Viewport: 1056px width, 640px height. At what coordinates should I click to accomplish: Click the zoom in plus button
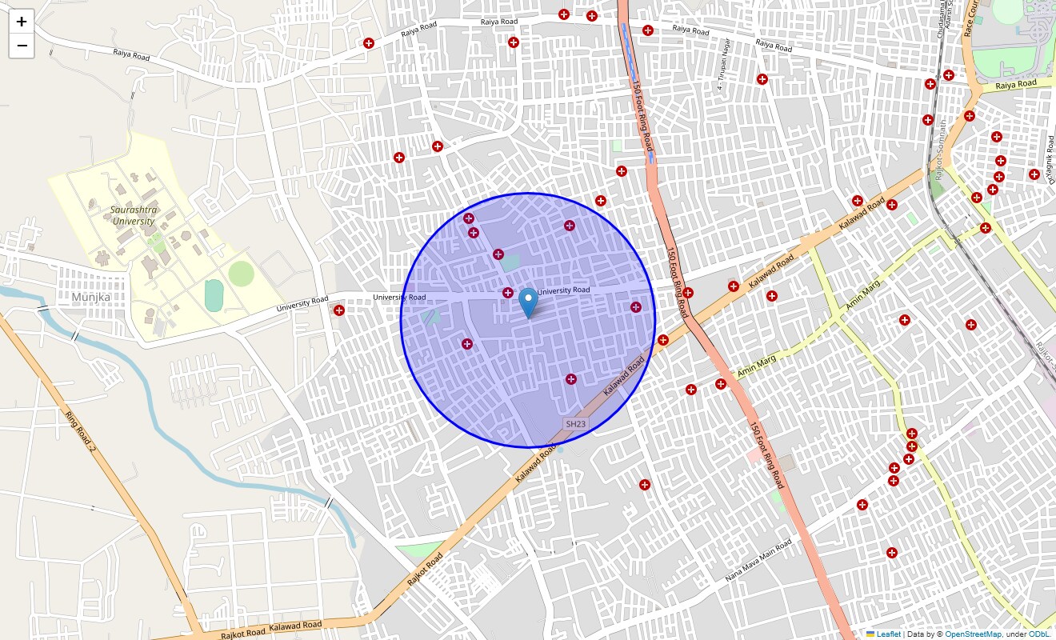click(22, 22)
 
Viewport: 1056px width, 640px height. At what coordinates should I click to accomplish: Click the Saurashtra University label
click(134, 215)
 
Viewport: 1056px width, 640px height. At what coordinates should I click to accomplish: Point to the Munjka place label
click(90, 297)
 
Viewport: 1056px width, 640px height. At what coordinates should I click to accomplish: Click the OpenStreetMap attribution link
click(973, 634)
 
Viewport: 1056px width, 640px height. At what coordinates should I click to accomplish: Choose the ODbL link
click(1039, 634)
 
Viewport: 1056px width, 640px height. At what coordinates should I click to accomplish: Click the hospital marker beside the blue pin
click(508, 292)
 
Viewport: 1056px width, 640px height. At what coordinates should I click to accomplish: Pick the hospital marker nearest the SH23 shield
click(570, 378)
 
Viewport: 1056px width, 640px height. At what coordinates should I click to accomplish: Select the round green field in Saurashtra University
click(241, 274)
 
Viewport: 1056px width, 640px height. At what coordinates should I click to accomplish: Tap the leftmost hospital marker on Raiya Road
click(369, 43)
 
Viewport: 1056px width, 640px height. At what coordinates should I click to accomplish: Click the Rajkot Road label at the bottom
click(425, 570)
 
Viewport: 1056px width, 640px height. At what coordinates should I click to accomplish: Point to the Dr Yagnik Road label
click(1051, 159)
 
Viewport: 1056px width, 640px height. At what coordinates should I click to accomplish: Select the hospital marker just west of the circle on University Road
click(339, 310)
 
